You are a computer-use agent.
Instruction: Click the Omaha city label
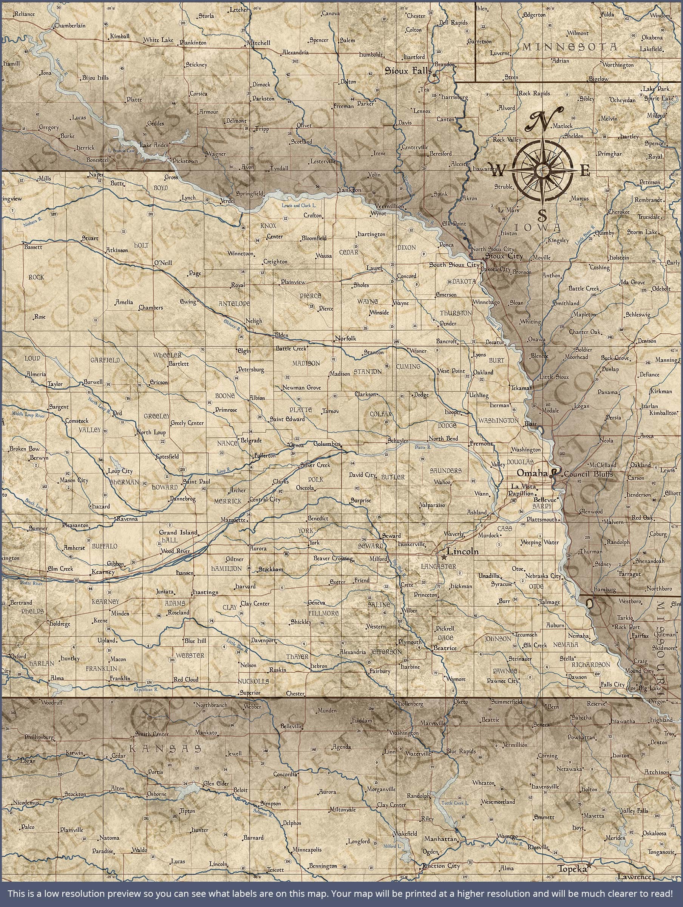click(x=532, y=473)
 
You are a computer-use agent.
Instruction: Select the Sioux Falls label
click(x=408, y=71)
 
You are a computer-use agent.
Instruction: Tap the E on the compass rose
click(x=586, y=170)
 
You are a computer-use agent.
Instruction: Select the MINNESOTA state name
click(x=569, y=47)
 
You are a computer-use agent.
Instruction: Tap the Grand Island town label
click(x=179, y=532)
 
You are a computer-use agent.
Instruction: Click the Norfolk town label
click(x=346, y=339)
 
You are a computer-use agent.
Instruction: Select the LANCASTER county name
click(x=438, y=566)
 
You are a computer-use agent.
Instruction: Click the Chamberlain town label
click(x=70, y=25)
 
